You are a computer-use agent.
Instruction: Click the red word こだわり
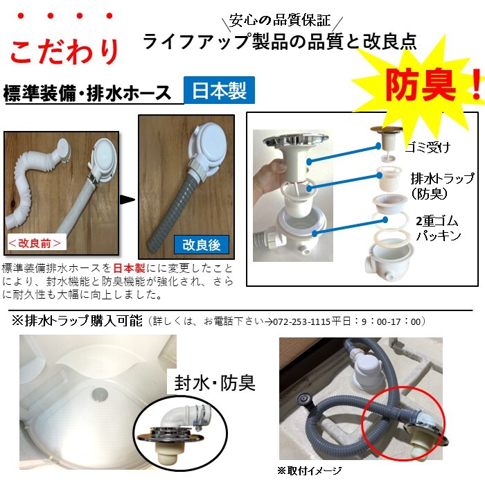(x=64, y=51)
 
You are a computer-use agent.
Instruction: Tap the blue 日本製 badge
(x=219, y=90)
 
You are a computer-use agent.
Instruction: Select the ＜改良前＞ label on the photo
(x=35, y=243)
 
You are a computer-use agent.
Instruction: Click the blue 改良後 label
(x=202, y=245)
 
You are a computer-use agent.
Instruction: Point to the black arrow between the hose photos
(x=127, y=200)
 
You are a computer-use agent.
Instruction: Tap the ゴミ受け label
(x=427, y=148)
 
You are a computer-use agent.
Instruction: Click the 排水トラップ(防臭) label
(x=442, y=186)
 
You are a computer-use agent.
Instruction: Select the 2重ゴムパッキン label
(x=438, y=228)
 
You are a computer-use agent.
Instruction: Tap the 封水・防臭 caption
(x=215, y=383)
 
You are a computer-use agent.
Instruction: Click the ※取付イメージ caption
(x=309, y=470)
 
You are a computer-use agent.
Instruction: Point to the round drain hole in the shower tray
(x=100, y=394)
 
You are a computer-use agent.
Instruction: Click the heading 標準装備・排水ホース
(x=87, y=93)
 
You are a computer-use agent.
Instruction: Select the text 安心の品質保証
(x=280, y=20)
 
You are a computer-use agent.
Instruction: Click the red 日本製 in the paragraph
(x=130, y=268)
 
